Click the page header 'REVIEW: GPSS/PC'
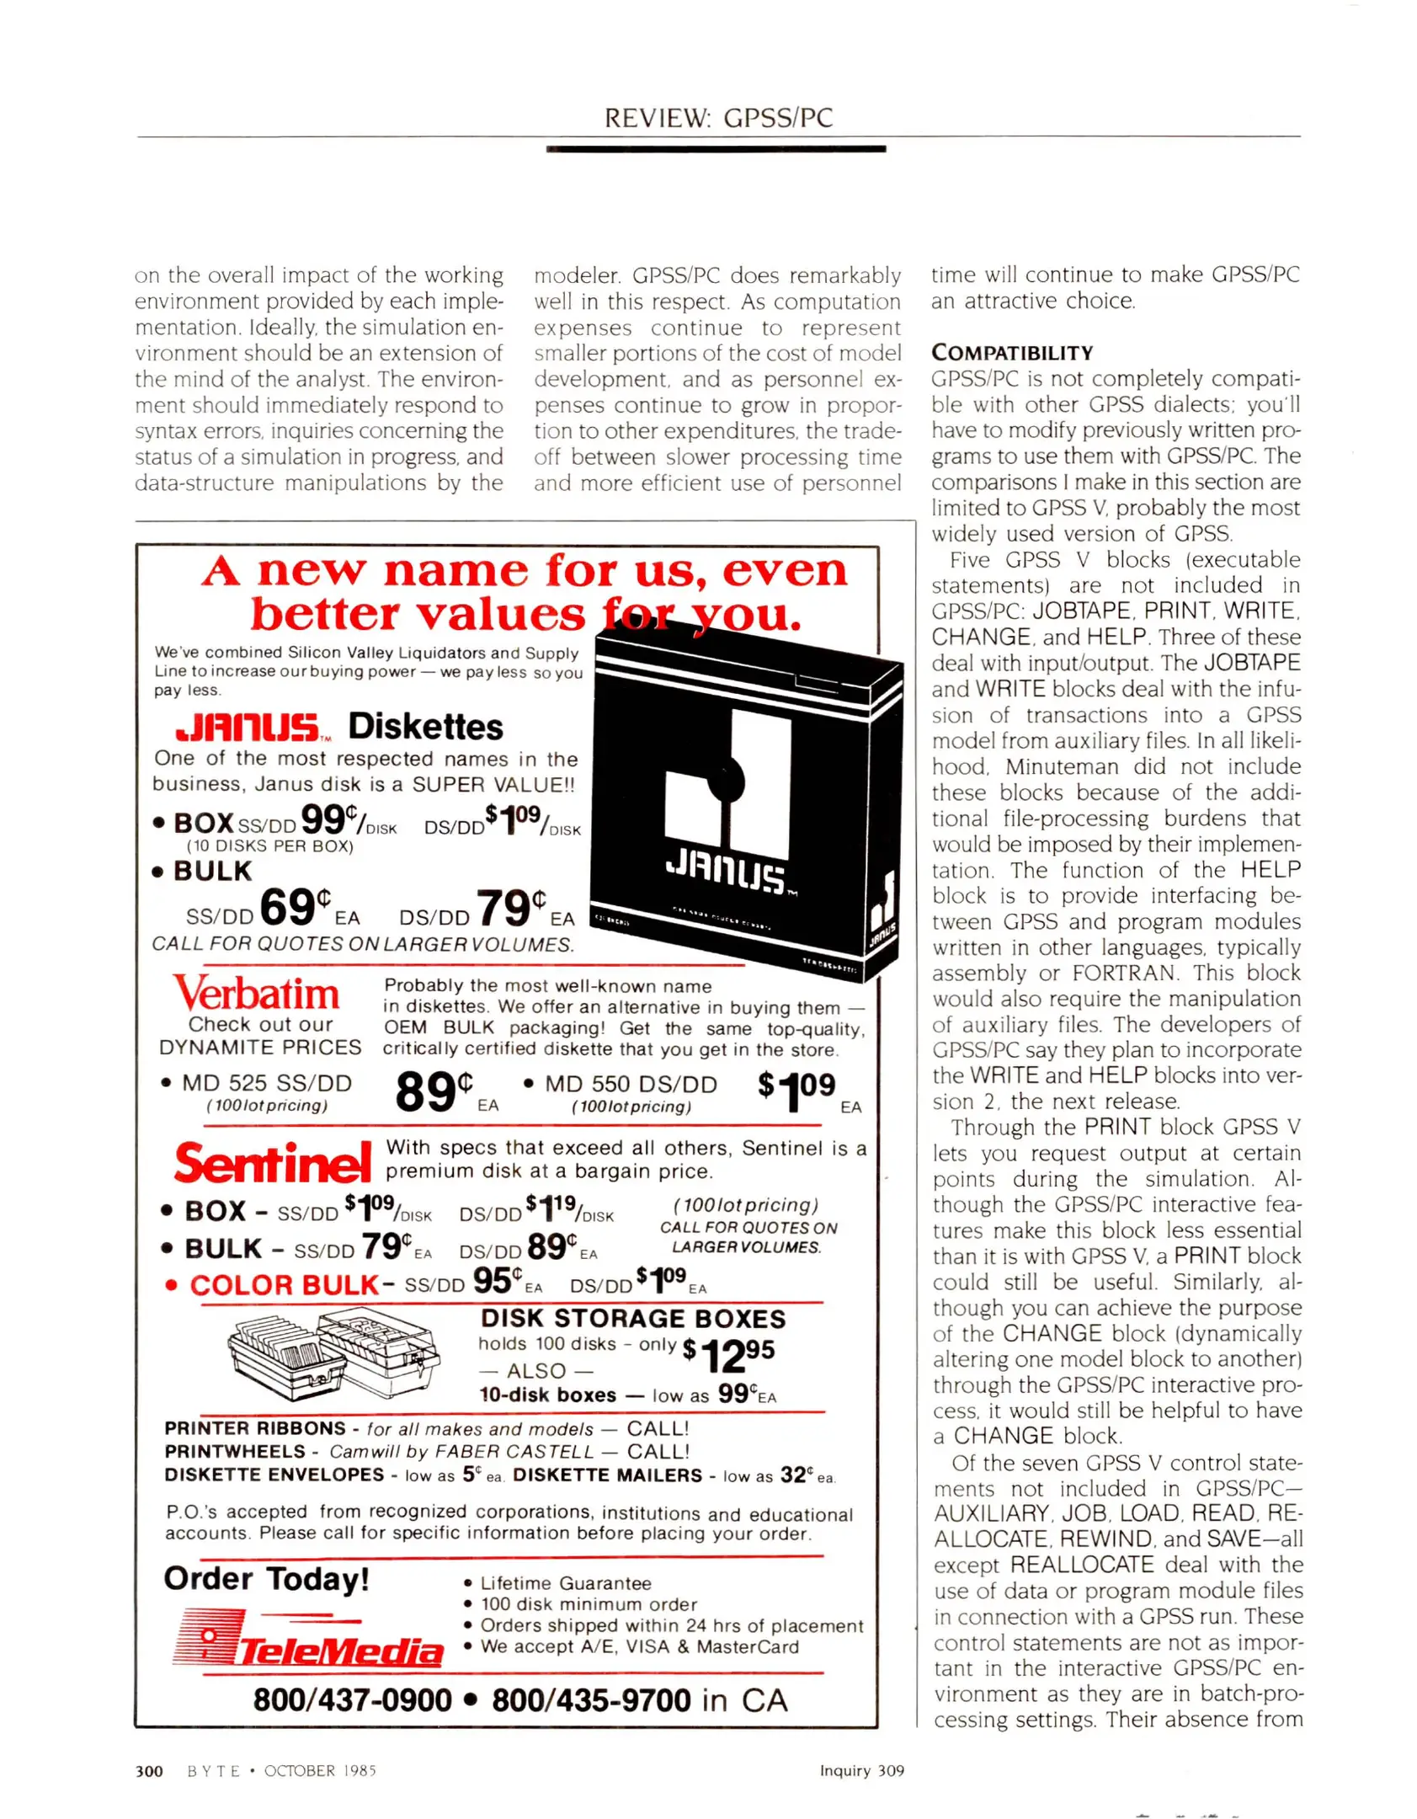(718, 117)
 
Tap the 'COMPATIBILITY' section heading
(1011, 353)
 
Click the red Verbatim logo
(257, 994)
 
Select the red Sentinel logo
(272, 1164)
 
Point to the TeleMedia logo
(308, 1639)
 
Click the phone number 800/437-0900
(352, 1700)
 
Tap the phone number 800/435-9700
(591, 1700)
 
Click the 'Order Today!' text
(266, 1578)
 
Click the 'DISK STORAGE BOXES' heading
(632, 1318)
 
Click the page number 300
(149, 1770)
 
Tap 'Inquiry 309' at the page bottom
(861, 1770)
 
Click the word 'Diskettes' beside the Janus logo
(425, 727)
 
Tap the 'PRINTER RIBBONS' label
(255, 1428)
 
